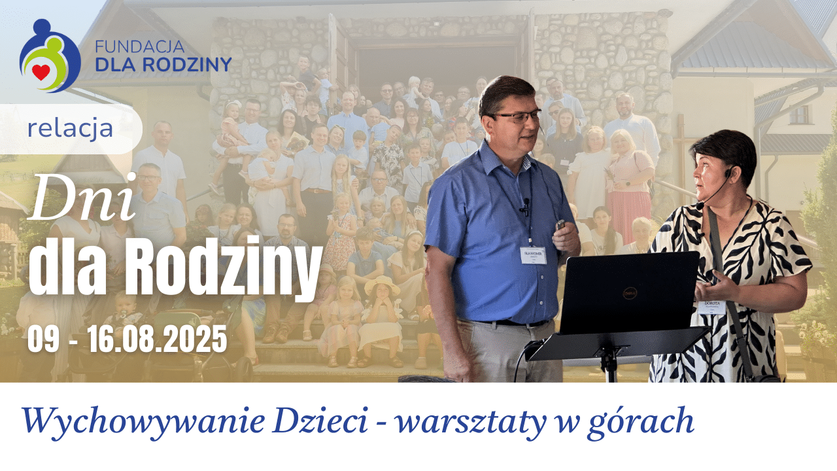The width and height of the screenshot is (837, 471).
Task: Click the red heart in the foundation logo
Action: pos(41,71)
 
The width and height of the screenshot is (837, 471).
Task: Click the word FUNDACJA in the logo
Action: pos(139,47)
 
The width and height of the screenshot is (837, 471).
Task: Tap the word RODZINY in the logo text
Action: pos(192,64)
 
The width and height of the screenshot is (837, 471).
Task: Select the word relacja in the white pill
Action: pos(70,129)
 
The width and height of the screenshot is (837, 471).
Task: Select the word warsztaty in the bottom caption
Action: pos(470,422)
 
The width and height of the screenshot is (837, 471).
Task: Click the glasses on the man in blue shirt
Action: pos(517,117)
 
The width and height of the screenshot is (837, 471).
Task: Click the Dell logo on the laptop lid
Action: pos(630,292)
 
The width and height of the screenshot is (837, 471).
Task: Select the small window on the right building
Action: pos(798,114)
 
